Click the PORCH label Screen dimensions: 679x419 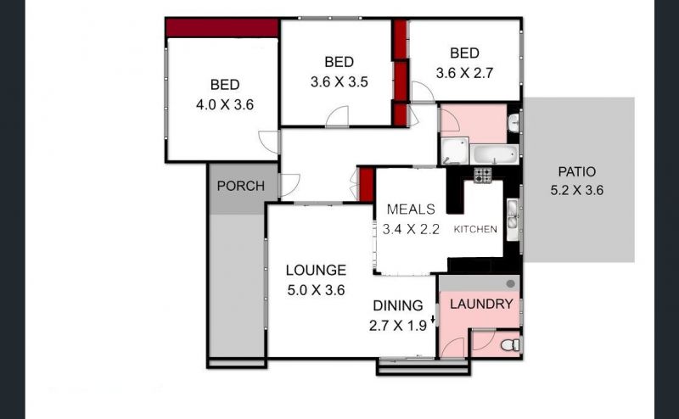click(x=241, y=186)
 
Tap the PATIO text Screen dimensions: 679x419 click(x=577, y=172)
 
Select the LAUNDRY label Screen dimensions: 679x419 click(x=481, y=304)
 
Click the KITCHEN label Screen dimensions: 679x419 click(x=475, y=229)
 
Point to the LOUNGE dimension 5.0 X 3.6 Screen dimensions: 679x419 click(x=316, y=290)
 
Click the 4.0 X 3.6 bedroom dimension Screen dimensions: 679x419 click(x=225, y=105)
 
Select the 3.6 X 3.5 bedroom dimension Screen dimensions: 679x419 click(x=339, y=81)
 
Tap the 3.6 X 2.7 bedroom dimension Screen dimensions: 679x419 click(x=464, y=73)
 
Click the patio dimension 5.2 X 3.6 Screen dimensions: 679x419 click(x=577, y=191)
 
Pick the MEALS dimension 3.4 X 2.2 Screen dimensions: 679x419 click(x=411, y=229)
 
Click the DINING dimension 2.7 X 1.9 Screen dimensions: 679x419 click(x=398, y=326)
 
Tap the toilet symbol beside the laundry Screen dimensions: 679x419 click(x=510, y=345)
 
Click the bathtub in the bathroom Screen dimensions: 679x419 click(x=495, y=154)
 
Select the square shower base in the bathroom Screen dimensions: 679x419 click(x=455, y=151)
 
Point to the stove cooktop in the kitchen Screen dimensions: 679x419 click(x=482, y=176)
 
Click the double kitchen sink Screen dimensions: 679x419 click(x=513, y=220)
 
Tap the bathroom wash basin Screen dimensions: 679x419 click(x=513, y=123)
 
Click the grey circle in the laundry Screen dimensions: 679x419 click(x=511, y=283)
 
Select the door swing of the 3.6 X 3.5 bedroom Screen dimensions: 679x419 click(x=337, y=116)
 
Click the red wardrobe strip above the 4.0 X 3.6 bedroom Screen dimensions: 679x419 click(x=222, y=28)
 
